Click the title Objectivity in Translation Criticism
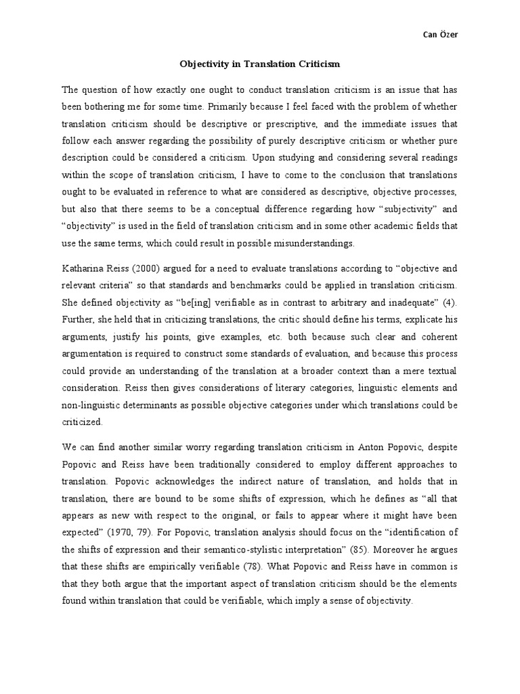(x=259, y=64)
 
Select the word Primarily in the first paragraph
(x=231, y=106)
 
